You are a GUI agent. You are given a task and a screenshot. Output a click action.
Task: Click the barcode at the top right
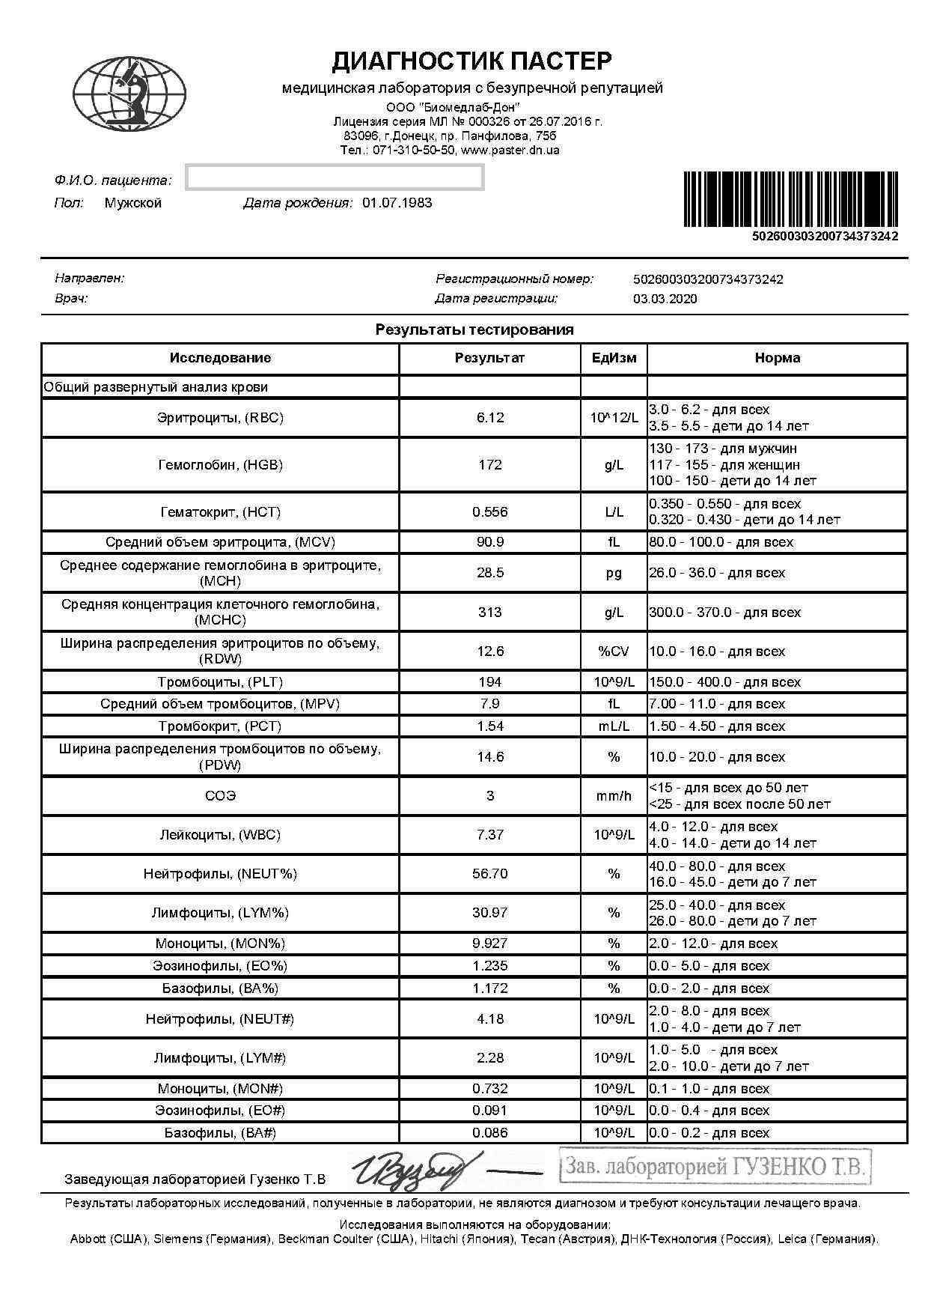point(791,199)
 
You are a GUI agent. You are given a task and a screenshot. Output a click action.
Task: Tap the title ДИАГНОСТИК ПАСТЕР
point(471,61)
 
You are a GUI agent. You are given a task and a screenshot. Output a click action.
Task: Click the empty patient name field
point(335,178)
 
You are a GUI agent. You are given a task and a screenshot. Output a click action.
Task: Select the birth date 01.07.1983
point(397,203)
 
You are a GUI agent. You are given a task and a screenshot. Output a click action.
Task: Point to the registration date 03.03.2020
point(665,299)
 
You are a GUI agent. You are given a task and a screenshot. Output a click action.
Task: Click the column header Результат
point(489,358)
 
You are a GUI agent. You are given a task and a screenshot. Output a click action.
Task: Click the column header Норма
point(777,358)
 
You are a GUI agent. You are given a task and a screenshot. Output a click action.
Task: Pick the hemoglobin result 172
point(489,465)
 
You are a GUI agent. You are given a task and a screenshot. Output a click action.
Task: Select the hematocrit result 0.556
point(489,512)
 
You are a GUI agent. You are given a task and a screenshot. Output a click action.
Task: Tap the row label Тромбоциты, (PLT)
point(220,682)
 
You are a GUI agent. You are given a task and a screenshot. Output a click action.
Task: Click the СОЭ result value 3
point(489,796)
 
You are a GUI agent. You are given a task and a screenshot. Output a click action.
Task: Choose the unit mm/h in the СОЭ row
point(614,796)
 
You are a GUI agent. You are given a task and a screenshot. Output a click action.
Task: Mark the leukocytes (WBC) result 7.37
point(489,835)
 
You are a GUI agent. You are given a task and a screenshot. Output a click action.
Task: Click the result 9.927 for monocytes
point(489,944)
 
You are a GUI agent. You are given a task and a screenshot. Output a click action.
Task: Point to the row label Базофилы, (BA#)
point(220,1133)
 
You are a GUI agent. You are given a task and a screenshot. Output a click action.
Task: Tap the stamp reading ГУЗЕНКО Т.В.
point(715,1167)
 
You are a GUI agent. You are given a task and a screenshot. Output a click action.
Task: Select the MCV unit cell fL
point(614,542)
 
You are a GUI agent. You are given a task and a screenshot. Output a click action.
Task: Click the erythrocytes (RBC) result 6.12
point(489,418)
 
